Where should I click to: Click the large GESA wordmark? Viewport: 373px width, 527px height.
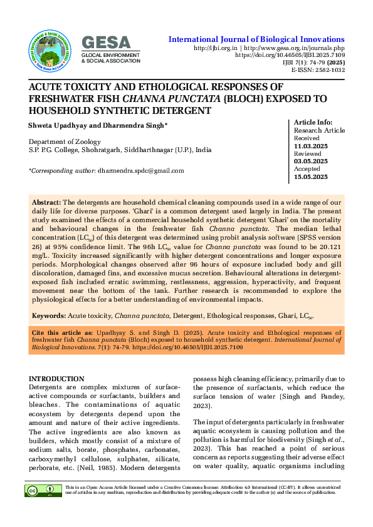[107, 43]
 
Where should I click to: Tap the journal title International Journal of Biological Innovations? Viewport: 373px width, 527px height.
[256, 39]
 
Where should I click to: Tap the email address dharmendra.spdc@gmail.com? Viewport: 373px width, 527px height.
[140, 170]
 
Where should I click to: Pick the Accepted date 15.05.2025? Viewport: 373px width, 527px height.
[311, 177]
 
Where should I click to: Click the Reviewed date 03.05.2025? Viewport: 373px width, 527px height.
[311, 161]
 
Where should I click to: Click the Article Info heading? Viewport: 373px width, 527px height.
[313, 123]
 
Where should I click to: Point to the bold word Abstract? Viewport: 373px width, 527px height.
[46, 203]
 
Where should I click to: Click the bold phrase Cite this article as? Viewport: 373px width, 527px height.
[61, 332]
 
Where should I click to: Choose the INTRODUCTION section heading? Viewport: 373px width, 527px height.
[56, 379]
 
